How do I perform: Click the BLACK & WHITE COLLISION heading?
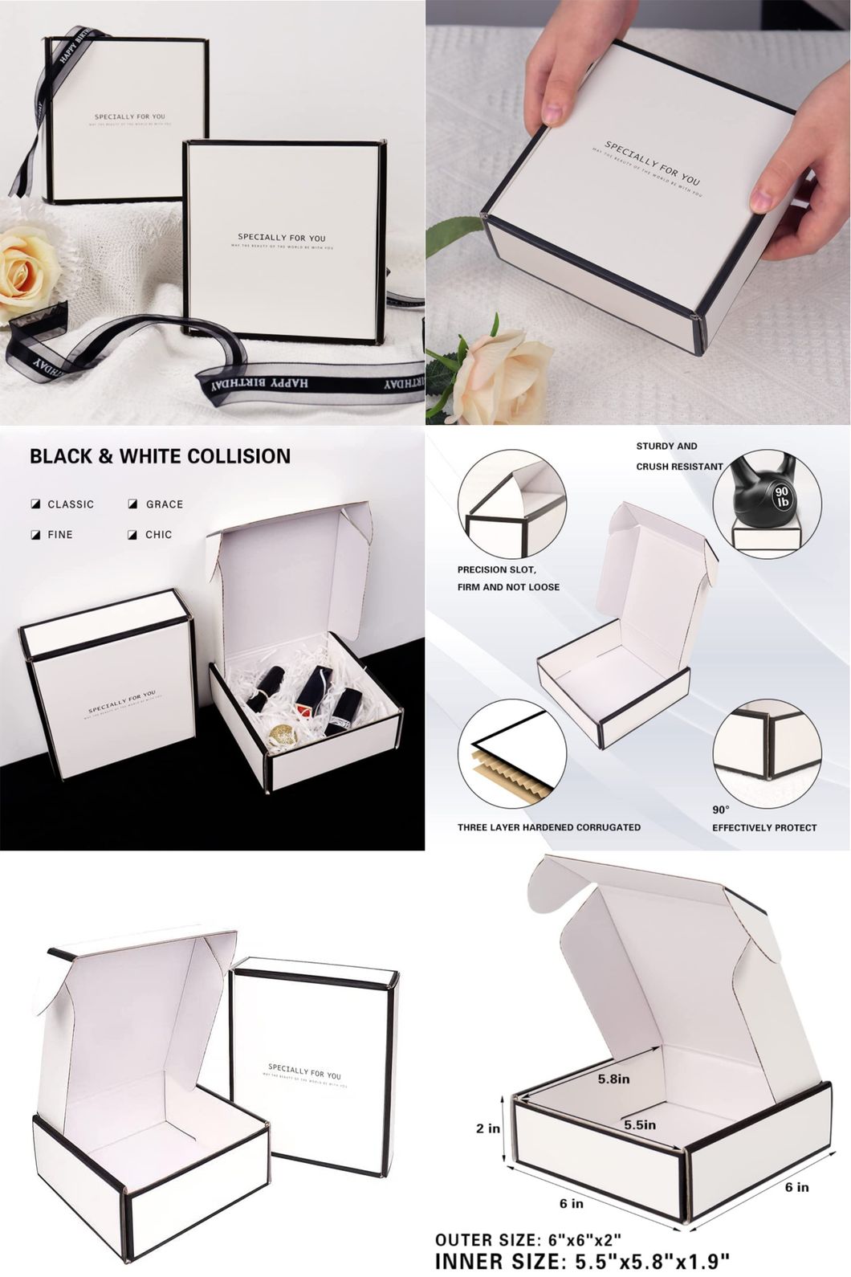pos(160,456)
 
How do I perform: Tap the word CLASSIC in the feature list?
pos(70,504)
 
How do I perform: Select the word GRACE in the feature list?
pos(164,504)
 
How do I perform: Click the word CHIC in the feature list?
pos(158,534)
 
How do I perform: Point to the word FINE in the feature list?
pos(59,534)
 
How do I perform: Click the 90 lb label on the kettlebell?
pos(781,496)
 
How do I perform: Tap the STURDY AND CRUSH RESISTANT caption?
pos(678,456)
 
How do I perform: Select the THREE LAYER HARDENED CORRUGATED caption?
pos(548,827)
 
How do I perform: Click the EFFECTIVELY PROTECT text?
pos(763,827)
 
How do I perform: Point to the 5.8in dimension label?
pos(613,1079)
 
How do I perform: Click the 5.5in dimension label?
pos(640,1125)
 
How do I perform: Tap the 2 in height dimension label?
pos(487,1128)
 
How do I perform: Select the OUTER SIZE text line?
pos(527,1240)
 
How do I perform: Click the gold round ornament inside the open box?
pos(283,735)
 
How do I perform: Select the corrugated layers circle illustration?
pos(511,753)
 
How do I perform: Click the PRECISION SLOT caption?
pos(496,569)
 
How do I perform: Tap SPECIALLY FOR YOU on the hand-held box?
pos(653,163)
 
